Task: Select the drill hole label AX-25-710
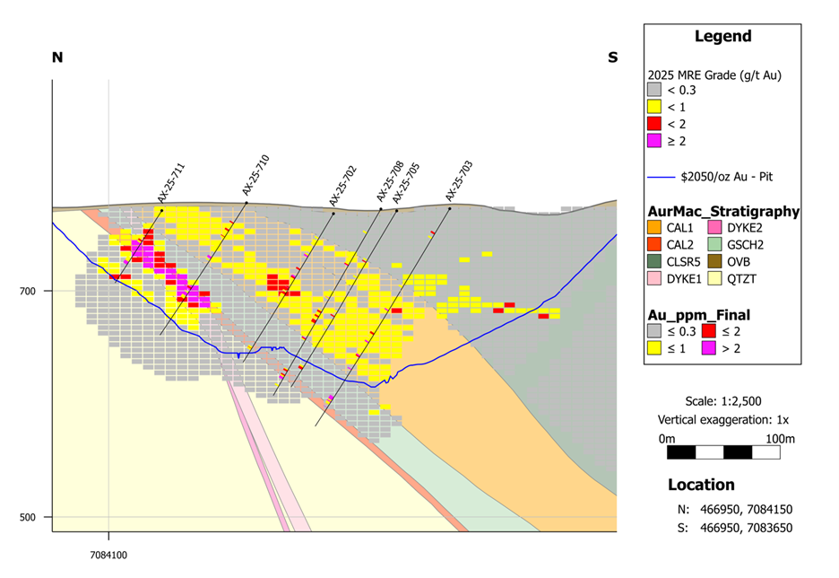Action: pyautogui.click(x=255, y=176)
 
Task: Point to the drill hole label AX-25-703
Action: pyautogui.click(x=458, y=180)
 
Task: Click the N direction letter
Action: pyautogui.click(x=57, y=57)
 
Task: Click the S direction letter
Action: pyautogui.click(x=612, y=57)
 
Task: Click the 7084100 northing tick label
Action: pyautogui.click(x=108, y=555)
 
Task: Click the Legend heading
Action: pyautogui.click(x=722, y=37)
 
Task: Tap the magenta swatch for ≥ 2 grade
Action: pyautogui.click(x=654, y=141)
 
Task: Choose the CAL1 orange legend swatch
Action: pyautogui.click(x=655, y=229)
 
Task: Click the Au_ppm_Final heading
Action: pyautogui.click(x=698, y=315)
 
